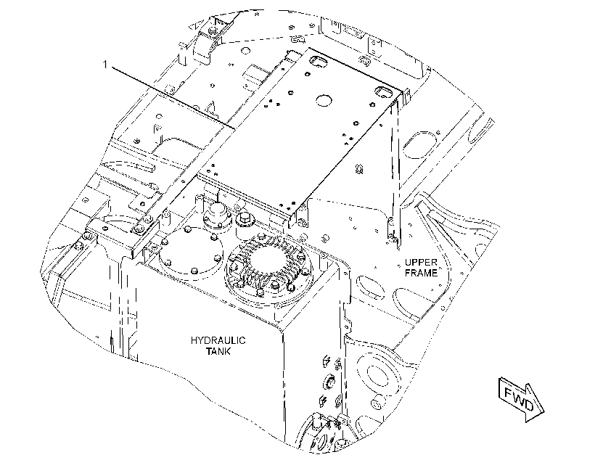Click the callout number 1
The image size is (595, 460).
105,65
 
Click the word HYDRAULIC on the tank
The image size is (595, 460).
218,340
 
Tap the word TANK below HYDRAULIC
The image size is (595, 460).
218,351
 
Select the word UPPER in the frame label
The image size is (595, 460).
421,262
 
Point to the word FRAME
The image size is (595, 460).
421,273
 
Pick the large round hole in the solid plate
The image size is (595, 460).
324,100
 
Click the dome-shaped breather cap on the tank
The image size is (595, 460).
218,215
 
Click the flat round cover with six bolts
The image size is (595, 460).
190,250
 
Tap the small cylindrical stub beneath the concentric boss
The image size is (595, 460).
377,403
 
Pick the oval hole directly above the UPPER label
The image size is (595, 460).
419,144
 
